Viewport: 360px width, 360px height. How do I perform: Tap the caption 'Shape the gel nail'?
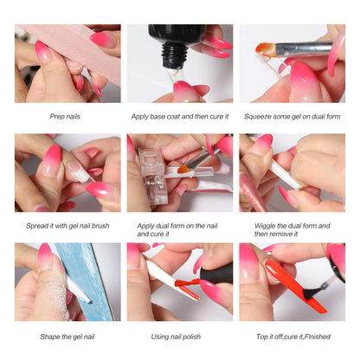[67, 336]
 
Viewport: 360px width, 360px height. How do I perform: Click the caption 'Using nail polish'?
[180, 336]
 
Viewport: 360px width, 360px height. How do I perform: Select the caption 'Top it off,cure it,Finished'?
[292, 336]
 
